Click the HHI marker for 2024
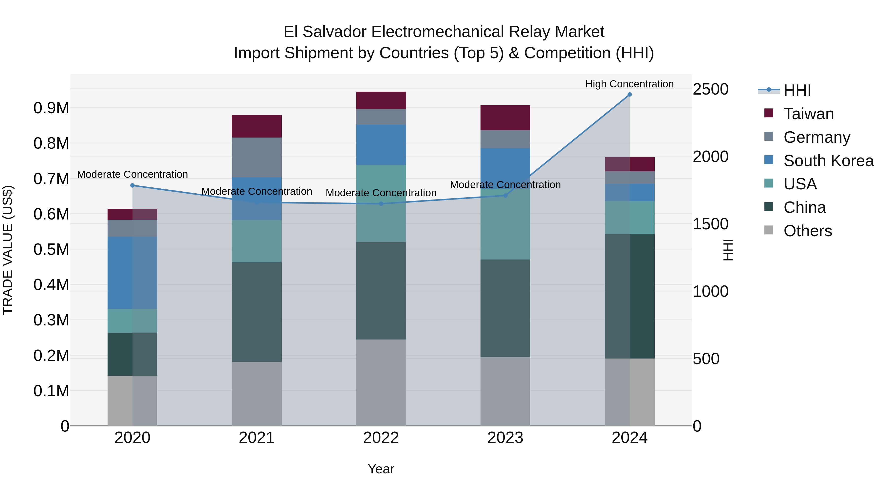pos(629,95)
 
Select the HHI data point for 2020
pos(132,185)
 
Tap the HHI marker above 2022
pos(381,204)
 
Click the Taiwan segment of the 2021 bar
pos(257,126)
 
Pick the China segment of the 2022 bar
pos(381,291)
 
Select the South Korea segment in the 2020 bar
pos(132,273)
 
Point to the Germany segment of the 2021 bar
pos(257,157)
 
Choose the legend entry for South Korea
pos(828,161)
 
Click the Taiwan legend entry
pos(808,114)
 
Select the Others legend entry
pos(807,231)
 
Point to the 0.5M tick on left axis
pos(51,249)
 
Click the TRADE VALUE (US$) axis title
pos(8,250)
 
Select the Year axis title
pos(381,469)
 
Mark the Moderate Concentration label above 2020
pos(132,174)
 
